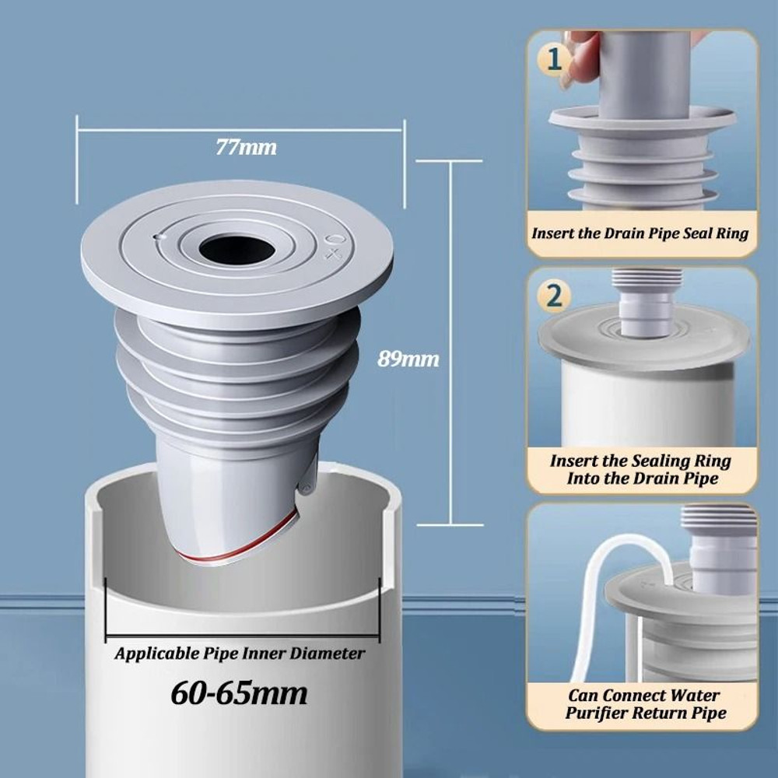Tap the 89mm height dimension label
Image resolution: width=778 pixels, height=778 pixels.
408,359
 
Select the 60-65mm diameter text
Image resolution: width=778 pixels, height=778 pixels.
239,691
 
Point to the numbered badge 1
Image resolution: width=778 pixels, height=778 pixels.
554,59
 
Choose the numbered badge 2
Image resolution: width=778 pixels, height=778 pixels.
554,296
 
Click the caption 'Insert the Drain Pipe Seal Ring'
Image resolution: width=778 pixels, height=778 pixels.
640,233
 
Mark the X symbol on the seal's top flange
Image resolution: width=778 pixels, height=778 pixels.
333,254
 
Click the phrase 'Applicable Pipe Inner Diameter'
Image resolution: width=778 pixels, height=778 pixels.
239,654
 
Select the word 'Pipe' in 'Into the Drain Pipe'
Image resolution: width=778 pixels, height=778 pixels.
701,478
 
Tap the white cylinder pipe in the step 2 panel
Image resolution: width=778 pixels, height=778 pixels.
646,405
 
